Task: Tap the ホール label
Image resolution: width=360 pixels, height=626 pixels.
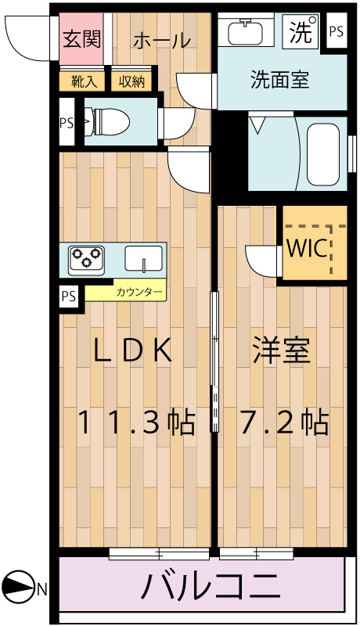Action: (x=162, y=41)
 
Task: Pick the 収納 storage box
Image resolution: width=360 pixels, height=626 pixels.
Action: (x=131, y=81)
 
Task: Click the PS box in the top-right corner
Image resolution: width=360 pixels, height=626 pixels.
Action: (x=336, y=32)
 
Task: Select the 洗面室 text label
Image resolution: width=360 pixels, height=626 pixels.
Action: (x=279, y=79)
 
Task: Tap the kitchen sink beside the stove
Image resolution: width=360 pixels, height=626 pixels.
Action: (x=143, y=258)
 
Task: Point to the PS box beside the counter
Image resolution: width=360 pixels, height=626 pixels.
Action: (x=70, y=296)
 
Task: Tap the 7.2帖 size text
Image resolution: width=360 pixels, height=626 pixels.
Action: (x=283, y=423)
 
